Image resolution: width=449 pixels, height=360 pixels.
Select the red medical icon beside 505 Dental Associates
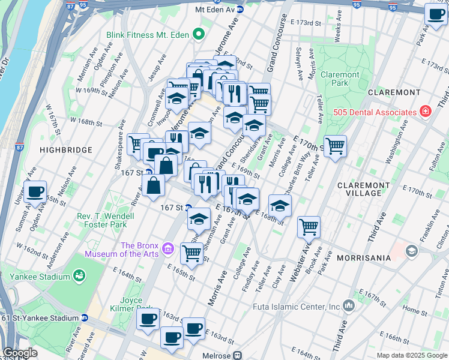pos(426,112)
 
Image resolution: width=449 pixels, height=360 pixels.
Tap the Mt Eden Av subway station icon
pos(240,9)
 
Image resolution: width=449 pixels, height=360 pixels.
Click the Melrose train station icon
pos(238,355)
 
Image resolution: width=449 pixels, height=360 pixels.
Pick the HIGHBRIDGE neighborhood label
pos(66,149)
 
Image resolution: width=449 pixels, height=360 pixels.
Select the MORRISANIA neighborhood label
pos(364,257)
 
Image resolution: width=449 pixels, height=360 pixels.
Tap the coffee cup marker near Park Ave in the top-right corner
pos(436,15)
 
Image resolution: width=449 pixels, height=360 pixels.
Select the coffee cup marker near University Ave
pos(36,191)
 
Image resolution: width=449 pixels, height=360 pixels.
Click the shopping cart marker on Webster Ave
pos(309,227)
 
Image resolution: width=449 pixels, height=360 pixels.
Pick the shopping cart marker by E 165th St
pos(191,253)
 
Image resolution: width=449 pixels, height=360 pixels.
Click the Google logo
pos(19,353)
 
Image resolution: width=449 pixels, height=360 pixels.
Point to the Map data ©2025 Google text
pos(411,355)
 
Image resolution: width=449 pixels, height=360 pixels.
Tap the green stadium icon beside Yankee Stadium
pos(78,275)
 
